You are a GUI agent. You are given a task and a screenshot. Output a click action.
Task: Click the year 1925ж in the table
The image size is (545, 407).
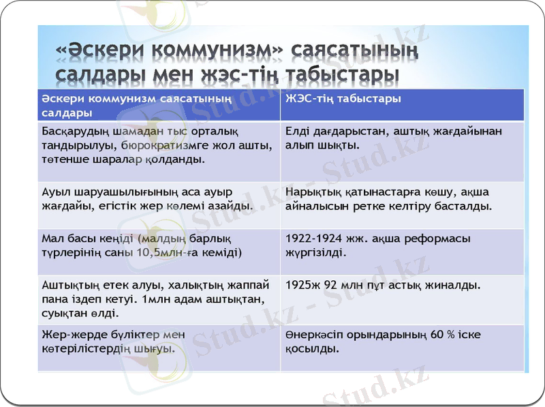[302, 285]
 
